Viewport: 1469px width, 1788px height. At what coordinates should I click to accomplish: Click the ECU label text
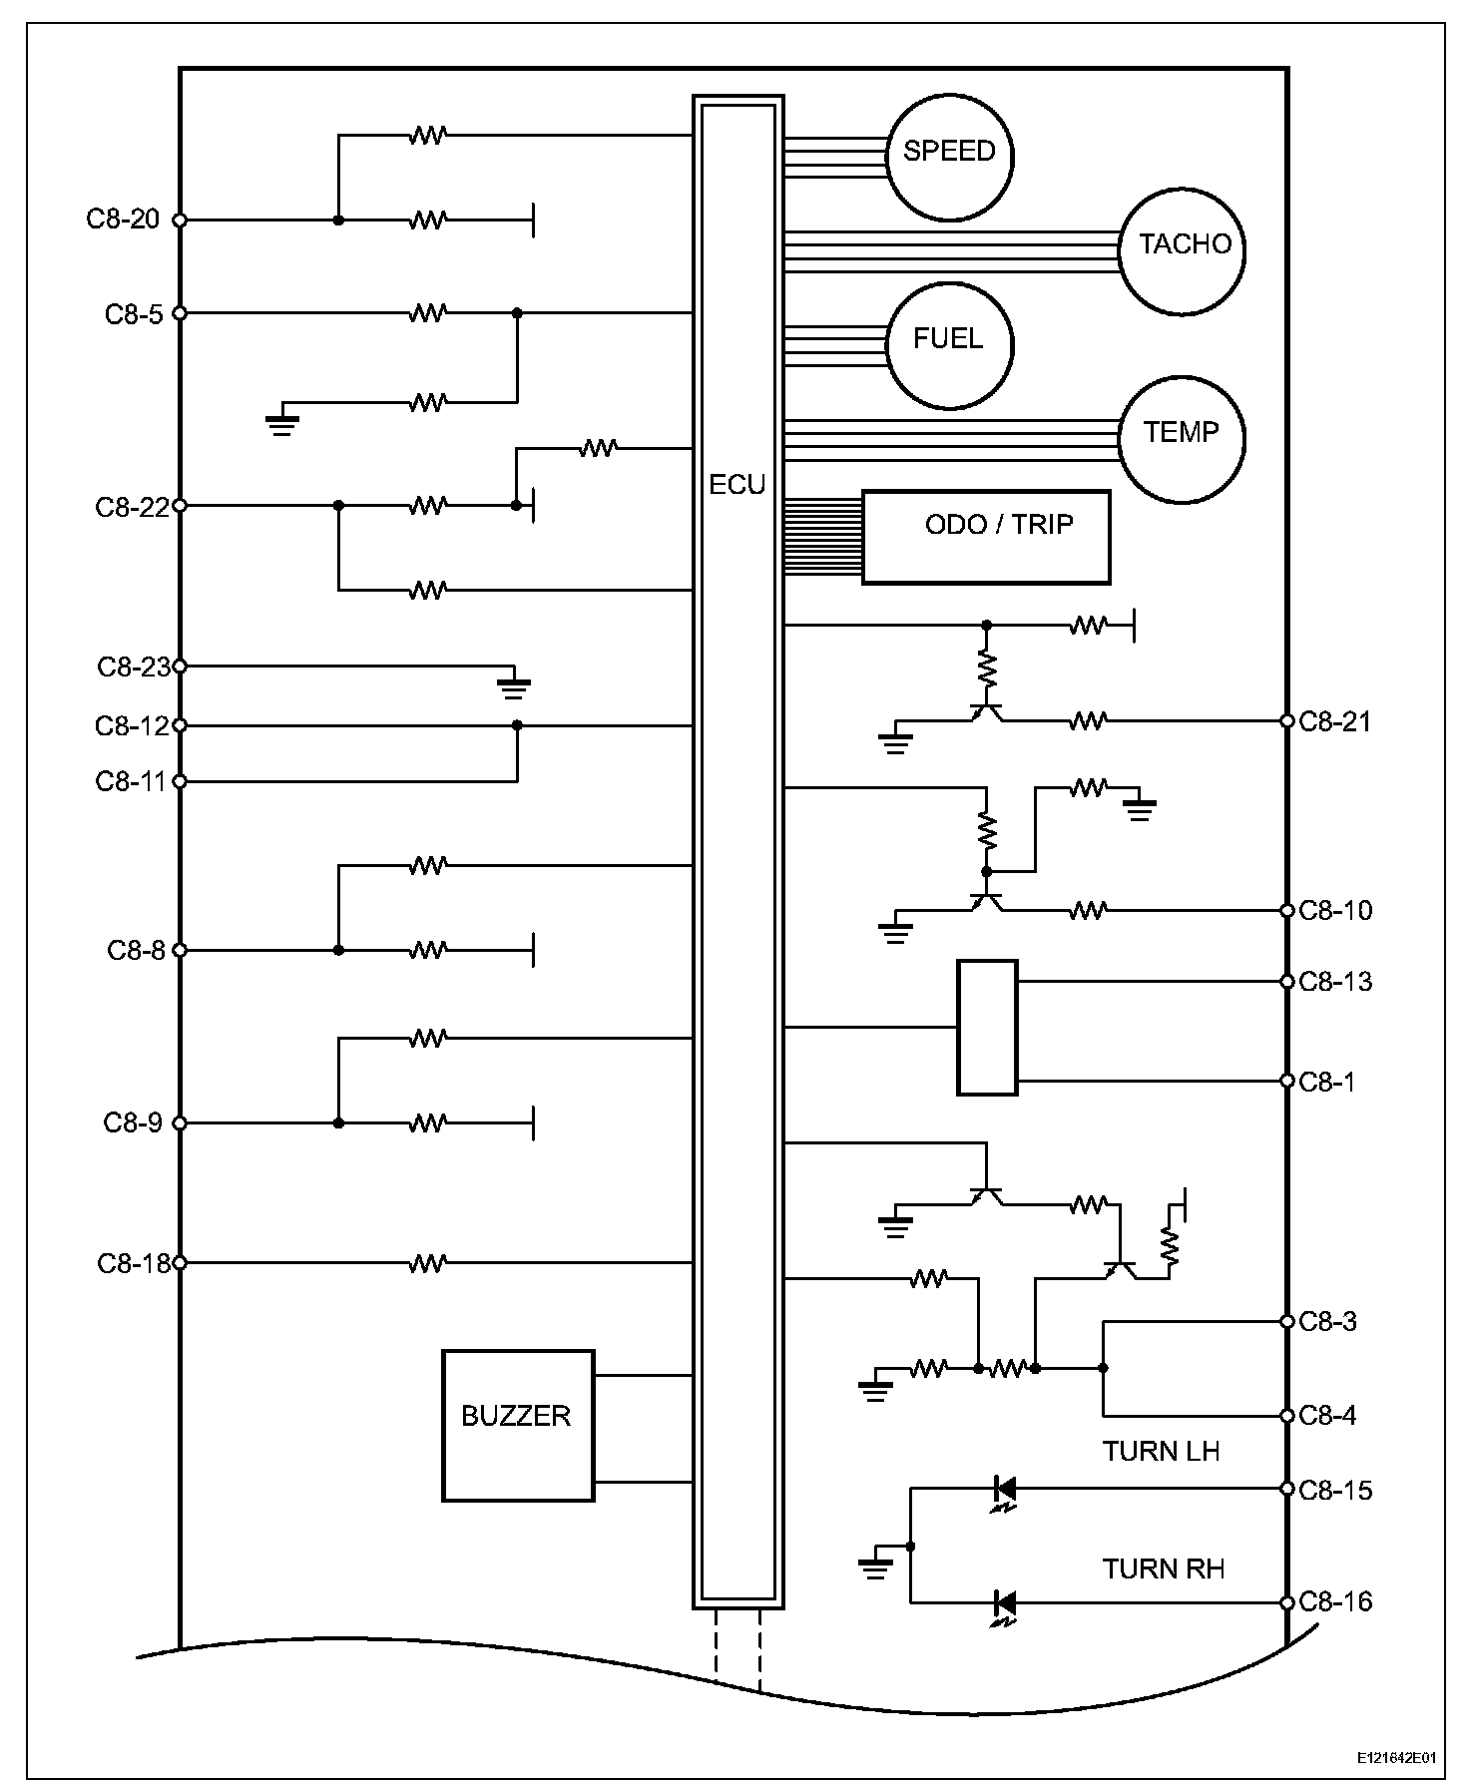coord(737,485)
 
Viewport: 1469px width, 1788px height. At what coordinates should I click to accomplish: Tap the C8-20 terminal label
coord(123,219)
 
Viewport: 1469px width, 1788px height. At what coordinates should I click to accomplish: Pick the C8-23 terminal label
coord(134,667)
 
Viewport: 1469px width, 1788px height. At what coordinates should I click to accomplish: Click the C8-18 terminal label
coord(134,1263)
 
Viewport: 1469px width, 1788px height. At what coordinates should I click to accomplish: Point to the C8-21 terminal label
coord(1335,721)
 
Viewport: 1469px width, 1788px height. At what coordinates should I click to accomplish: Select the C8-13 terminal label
coord(1335,982)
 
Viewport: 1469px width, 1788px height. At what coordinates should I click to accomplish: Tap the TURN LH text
coord(1162,1451)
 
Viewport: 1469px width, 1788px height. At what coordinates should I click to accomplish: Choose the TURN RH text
coord(1164,1568)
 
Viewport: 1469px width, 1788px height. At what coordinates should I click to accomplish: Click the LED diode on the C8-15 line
coord(1005,1492)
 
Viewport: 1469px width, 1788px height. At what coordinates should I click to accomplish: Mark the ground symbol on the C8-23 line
coord(515,687)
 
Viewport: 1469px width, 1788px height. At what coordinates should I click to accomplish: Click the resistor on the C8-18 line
coord(427,1263)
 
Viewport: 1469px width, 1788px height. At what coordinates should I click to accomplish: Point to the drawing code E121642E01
coord(1397,1757)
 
